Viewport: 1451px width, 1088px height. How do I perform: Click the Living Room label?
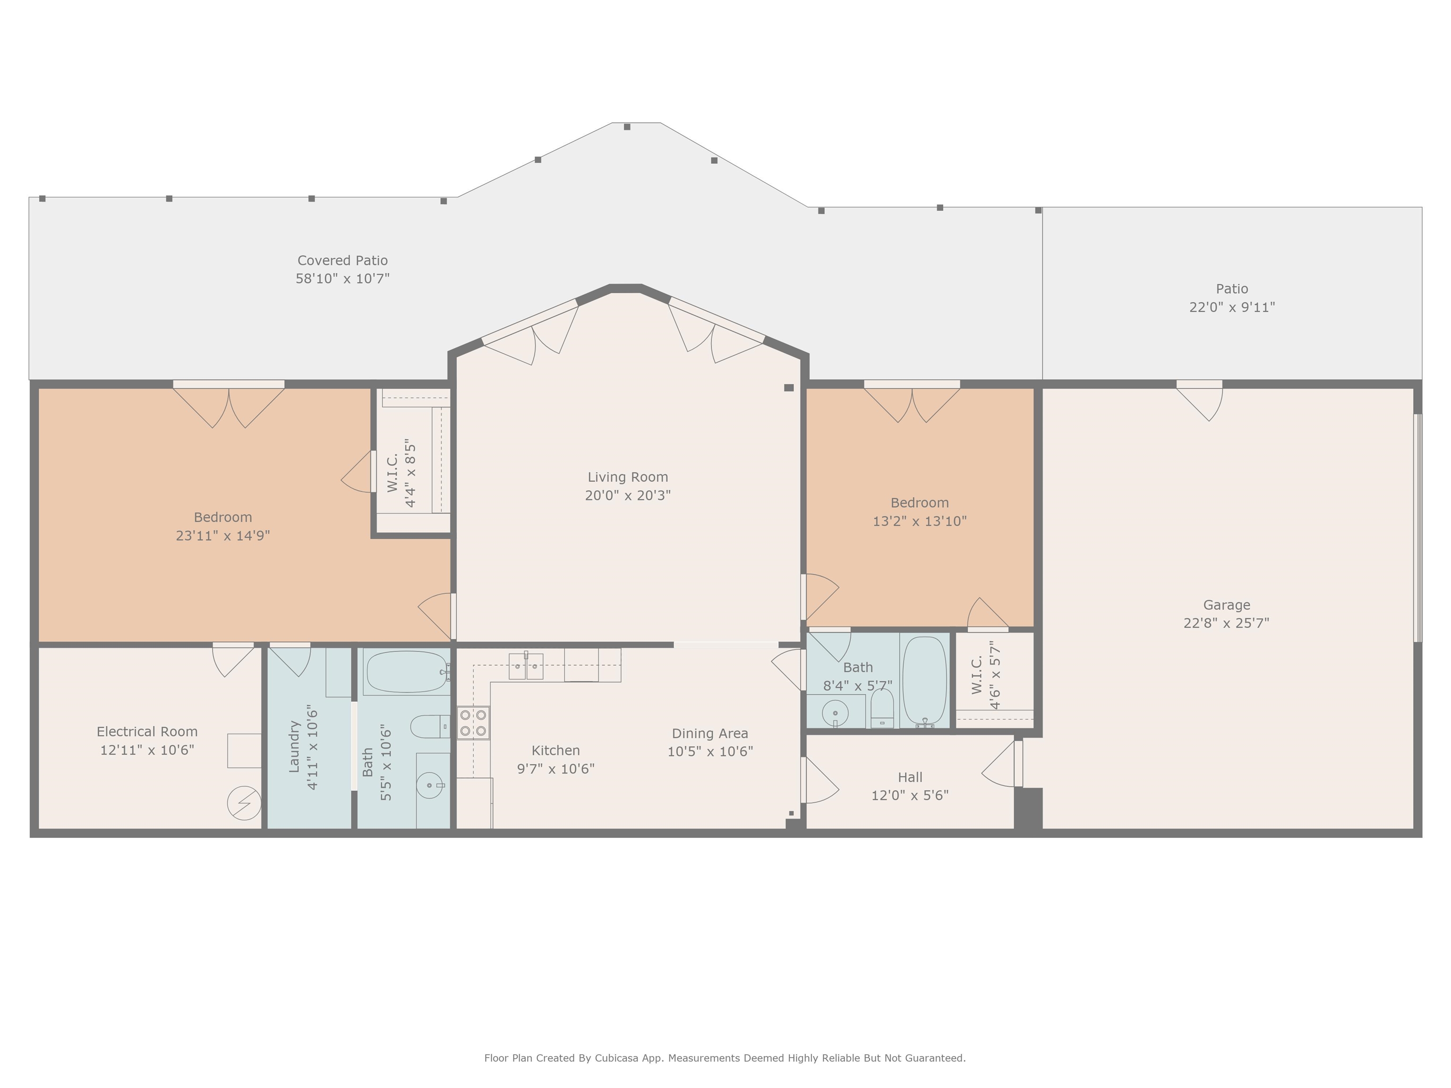pyautogui.click(x=628, y=477)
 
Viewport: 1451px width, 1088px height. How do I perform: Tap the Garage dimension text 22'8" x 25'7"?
pyautogui.click(x=1226, y=623)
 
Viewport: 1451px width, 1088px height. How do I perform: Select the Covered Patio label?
pyautogui.click(x=342, y=260)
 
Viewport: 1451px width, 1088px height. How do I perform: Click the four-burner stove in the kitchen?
pyautogui.click(x=473, y=722)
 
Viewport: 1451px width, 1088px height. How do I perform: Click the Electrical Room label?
pyautogui.click(x=147, y=731)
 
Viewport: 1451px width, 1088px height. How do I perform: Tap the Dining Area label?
pyautogui.click(x=710, y=733)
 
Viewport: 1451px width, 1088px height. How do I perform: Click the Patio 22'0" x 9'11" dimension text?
pyautogui.click(x=1232, y=307)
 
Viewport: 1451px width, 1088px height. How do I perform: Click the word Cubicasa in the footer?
pyautogui.click(x=619, y=1058)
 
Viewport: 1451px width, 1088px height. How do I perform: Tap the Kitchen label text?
pyautogui.click(x=555, y=750)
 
